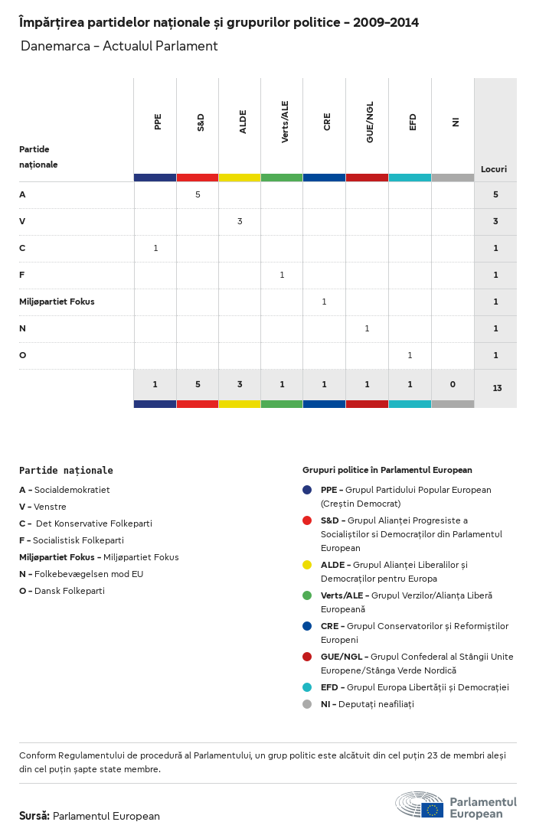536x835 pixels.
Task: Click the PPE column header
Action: [158, 122]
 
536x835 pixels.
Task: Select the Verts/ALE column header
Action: [285, 122]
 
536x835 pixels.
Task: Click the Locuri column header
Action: [494, 169]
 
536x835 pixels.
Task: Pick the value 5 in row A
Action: [198, 194]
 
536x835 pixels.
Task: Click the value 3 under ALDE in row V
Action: [240, 221]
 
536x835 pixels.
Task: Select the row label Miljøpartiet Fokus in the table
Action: [57, 302]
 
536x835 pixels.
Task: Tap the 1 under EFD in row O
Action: [410, 355]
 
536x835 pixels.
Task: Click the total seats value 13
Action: [497, 388]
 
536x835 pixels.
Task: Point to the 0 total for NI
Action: [453, 384]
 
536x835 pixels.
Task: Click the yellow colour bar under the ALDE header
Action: [240, 178]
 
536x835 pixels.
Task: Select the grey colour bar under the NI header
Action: [453, 178]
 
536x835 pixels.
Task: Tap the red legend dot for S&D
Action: [307, 520]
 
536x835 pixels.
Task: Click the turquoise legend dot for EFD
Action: [307, 687]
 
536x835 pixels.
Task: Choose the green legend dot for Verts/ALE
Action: [307, 595]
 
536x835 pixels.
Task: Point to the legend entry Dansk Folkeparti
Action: [69, 591]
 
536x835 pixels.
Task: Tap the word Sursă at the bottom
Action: [34, 816]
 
